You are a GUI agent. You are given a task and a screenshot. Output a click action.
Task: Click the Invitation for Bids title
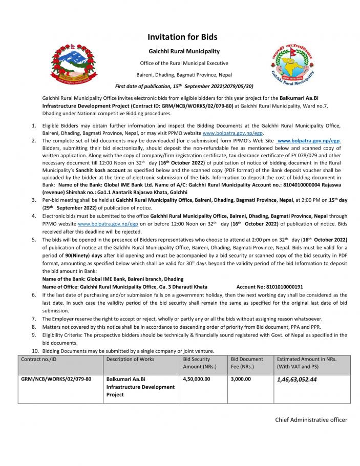coord(182,37)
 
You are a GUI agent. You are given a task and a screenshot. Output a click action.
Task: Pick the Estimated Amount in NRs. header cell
coord(306,363)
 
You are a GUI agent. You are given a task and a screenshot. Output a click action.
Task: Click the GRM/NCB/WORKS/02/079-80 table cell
coord(56,379)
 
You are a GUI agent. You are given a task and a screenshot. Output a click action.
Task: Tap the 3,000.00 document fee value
coord(241,379)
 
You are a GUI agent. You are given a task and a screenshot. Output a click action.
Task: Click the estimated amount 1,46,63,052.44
coord(297,380)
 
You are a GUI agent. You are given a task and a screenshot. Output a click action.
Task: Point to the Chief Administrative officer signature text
coord(311,420)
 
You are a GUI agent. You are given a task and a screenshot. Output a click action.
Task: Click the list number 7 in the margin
coord(34,319)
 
